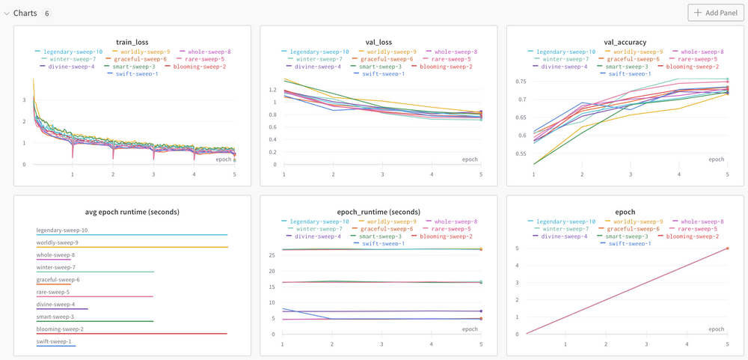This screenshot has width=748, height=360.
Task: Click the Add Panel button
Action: tap(717, 13)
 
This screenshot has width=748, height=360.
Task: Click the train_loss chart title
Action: tap(132, 42)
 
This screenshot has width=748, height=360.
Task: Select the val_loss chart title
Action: tap(378, 42)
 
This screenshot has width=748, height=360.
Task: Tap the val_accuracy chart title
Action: tap(625, 42)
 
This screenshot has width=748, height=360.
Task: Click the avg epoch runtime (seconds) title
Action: tap(132, 212)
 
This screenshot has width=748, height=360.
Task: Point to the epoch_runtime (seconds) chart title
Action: tap(378, 212)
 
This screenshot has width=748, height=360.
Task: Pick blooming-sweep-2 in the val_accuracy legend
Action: tap(693, 67)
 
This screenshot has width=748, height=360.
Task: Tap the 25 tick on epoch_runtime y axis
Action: tap(272, 256)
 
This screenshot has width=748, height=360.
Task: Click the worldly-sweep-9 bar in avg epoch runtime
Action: tap(132, 247)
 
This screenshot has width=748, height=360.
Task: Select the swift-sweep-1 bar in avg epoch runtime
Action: tap(56, 346)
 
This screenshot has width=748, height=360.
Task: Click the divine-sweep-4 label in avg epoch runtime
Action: tap(55, 305)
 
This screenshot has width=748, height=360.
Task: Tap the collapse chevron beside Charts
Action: tap(7, 13)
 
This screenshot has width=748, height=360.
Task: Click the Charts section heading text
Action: tap(25, 13)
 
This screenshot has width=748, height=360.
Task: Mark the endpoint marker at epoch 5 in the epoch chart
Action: tap(727, 248)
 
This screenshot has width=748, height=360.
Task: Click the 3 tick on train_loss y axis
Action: tap(24, 99)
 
